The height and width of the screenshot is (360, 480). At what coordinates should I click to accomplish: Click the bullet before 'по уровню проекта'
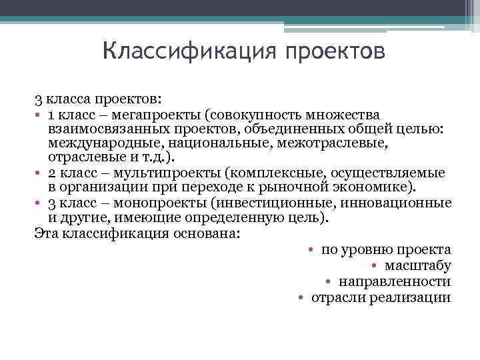311,250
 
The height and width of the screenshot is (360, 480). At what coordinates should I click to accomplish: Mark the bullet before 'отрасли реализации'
301,298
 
